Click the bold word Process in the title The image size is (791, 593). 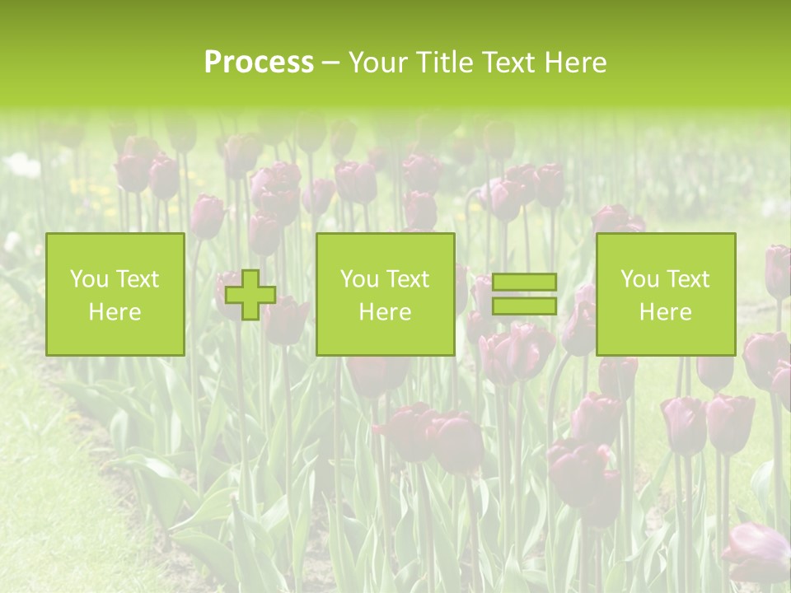[259, 63]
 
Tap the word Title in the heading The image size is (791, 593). [445, 63]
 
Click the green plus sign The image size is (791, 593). [250, 295]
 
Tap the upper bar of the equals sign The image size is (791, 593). [524, 282]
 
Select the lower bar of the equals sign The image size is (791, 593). [524, 306]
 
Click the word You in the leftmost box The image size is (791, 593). [89, 279]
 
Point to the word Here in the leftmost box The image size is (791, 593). [115, 312]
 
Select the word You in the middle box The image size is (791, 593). [359, 279]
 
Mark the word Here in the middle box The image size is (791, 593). [385, 312]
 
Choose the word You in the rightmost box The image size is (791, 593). [639, 279]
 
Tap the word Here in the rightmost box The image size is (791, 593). [665, 312]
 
